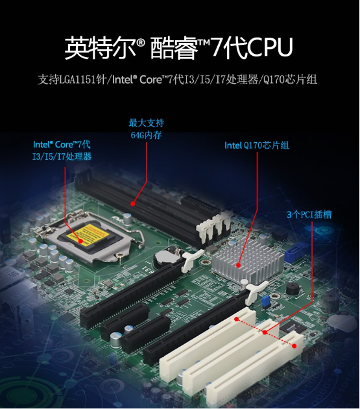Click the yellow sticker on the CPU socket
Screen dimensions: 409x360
(x=88, y=234)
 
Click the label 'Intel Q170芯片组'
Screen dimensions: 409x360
(x=257, y=145)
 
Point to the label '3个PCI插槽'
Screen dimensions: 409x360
(x=309, y=214)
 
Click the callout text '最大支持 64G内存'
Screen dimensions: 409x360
(x=146, y=129)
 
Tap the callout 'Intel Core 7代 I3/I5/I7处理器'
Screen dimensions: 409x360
(x=62, y=150)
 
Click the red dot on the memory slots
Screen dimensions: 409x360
(x=133, y=203)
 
